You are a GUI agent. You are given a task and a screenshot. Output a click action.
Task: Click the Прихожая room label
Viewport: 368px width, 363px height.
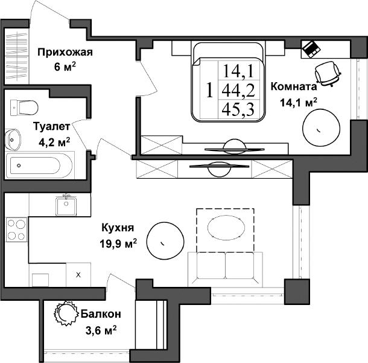[64, 52]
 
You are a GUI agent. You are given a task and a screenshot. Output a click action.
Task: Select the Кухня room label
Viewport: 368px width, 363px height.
[118, 228]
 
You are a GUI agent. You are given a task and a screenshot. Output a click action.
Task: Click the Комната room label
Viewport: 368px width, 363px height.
[294, 86]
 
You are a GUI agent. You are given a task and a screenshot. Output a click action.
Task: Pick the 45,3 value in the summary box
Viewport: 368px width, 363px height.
[238, 109]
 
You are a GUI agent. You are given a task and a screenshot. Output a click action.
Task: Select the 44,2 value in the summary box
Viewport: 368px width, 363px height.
[238, 91]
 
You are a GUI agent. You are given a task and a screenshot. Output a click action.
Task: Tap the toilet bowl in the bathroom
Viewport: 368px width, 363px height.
[24, 107]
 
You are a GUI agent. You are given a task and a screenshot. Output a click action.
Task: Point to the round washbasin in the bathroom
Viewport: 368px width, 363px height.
[13, 141]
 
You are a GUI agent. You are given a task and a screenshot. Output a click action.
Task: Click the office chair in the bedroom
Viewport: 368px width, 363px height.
[328, 72]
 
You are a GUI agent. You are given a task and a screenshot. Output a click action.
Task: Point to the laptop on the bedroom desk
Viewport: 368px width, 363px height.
[312, 48]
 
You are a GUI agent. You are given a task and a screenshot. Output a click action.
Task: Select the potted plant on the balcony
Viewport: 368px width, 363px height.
[63, 313]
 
